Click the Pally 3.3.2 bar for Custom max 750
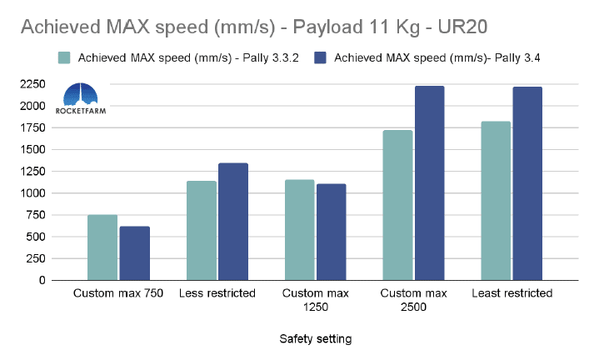(x=102, y=247)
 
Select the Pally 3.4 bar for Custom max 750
(x=134, y=253)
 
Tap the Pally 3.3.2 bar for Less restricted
(x=201, y=231)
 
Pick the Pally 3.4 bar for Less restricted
(x=232, y=222)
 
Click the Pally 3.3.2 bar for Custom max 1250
(x=299, y=230)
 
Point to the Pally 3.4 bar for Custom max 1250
(x=331, y=232)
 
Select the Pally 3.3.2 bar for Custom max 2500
(x=397, y=205)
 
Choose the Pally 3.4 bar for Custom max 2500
(x=430, y=183)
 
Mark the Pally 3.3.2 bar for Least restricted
(x=496, y=201)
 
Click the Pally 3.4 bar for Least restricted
(x=527, y=183)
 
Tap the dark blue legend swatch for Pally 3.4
(x=321, y=58)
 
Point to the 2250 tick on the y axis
(x=32, y=84)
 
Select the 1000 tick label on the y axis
(x=32, y=193)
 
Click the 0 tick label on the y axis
(x=42, y=281)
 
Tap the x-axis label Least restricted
(x=512, y=294)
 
